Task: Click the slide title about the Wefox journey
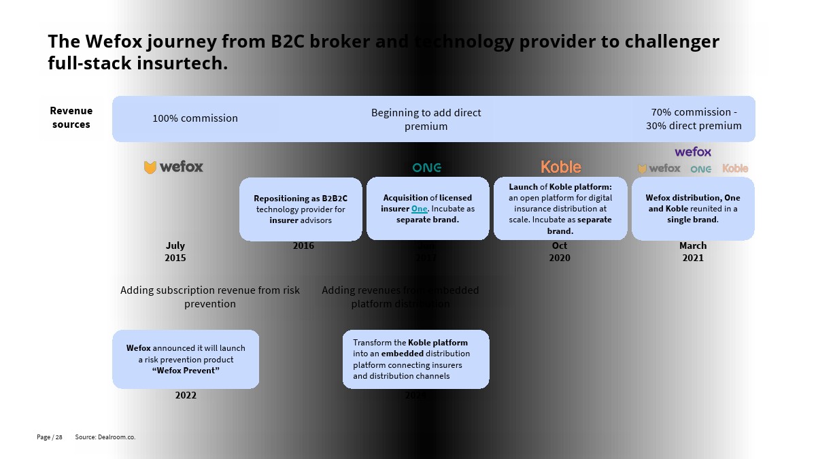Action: (383, 52)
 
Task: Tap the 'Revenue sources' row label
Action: (71, 118)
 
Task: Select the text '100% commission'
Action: (195, 118)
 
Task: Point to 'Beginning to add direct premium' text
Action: (426, 119)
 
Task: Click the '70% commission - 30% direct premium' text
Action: (694, 119)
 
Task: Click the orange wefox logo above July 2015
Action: (173, 167)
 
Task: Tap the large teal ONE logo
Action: (427, 167)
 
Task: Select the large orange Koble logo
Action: (561, 167)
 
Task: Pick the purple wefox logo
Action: (693, 152)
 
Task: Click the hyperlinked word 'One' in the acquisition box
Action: (419, 209)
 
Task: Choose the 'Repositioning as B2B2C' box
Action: (301, 209)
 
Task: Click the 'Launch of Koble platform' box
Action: (560, 209)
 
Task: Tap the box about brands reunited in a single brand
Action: (693, 209)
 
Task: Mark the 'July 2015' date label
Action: (175, 252)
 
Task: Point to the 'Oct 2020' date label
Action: (560, 252)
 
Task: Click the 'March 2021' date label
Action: (693, 252)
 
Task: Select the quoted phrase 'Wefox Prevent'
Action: (186, 371)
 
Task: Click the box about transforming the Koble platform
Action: (415, 359)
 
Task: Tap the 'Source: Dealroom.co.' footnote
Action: (105, 437)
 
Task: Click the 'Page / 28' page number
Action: (50, 437)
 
